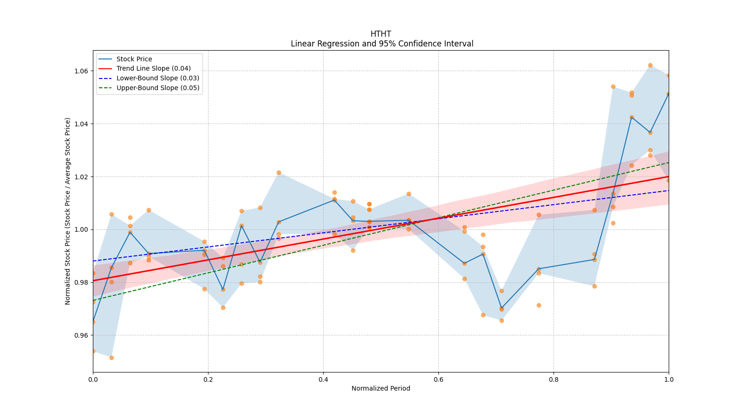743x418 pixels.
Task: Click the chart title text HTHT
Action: point(381,34)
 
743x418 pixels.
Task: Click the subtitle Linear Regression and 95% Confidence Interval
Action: point(382,44)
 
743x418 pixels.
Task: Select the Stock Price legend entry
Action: point(134,59)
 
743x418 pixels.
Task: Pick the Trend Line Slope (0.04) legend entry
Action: point(153,68)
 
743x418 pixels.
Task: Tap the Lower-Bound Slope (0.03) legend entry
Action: point(157,78)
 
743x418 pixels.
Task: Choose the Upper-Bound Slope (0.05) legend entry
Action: point(157,88)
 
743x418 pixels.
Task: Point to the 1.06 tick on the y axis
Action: point(82,71)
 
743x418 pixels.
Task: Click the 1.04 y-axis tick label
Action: point(82,124)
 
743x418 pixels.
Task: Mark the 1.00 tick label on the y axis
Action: point(82,229)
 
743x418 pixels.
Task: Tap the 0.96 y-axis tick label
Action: point(82,335)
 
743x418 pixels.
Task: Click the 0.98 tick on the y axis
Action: point(82,282)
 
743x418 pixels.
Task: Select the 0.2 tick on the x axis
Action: point(208,379)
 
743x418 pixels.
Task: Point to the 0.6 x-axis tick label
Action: point(438,379)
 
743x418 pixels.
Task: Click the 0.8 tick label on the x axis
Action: point(554,379)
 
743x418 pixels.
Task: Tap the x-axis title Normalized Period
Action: point(381,388)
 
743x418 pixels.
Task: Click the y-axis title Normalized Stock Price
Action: point(68,211)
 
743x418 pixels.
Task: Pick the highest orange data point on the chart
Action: point(650,65)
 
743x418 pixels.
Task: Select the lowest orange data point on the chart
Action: point(111,358)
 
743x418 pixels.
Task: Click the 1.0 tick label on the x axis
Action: point(669,379)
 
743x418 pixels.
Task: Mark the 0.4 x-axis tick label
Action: point(323,379)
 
